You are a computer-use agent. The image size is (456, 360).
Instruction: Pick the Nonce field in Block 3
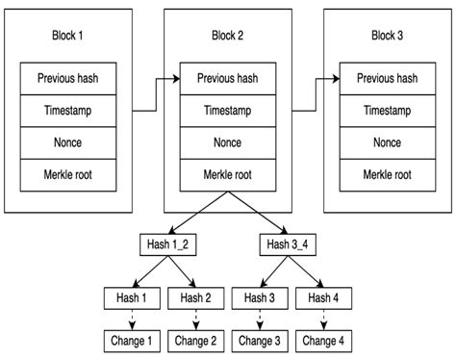tap(387, 142)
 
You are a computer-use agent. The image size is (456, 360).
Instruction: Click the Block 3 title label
tap(387, 36)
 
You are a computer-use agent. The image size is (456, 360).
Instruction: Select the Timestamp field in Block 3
tap(387, 111)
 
